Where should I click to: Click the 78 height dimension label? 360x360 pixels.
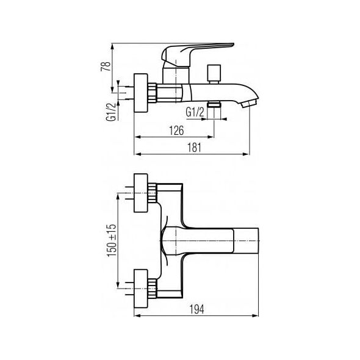pyautogui.click(x=106, y=67)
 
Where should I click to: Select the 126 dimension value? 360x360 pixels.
pyautogui.click(x=176, y=131)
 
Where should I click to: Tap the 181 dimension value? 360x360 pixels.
pyautogui.click(x=195, y=148)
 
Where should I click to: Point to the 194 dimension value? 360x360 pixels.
pyautogui.click(x=197, y=309)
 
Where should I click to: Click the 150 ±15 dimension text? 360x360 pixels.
pyautogui.click(x=112, y=240)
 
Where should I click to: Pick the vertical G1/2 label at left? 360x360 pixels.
pyautogui.click(x=110, y=112)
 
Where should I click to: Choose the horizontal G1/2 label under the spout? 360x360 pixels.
pyautogui.click(x=195, y=113)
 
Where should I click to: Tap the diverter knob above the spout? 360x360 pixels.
pyautogui.click(x=214, y=74)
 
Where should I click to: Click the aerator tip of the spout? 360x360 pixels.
pyautogui.click(x=251, y=103)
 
